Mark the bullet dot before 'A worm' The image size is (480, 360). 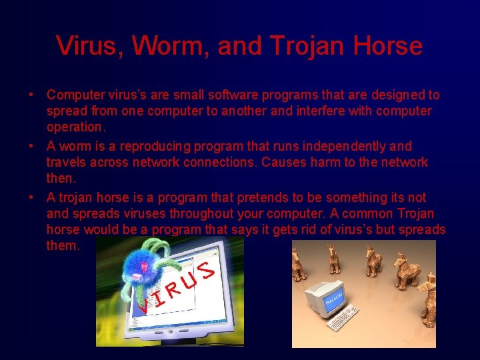(31, 146)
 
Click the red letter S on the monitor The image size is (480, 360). (207, 269)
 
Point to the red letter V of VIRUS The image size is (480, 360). (142, 305)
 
